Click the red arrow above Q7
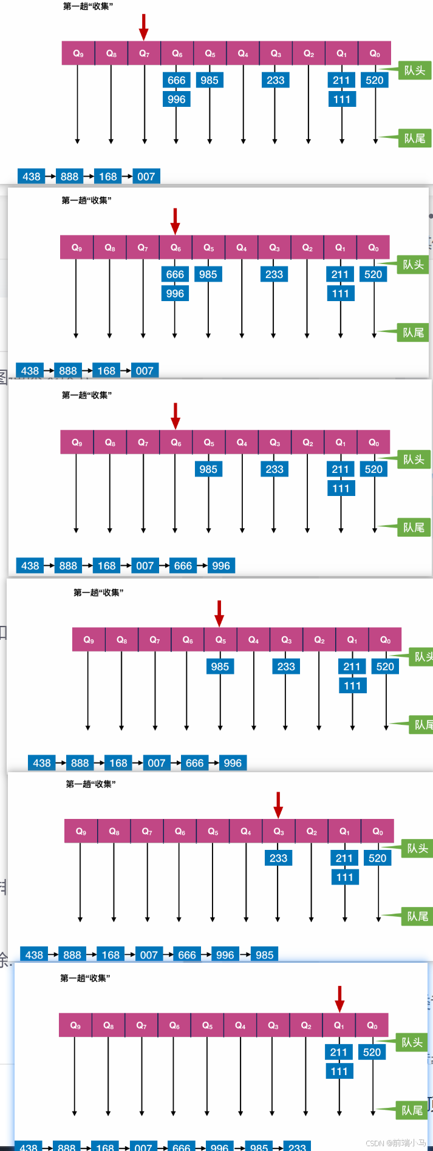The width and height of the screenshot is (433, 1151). coord(144,27)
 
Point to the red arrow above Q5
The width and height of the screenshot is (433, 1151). coord(219,613)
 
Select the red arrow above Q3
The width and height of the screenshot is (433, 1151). coord(278,804)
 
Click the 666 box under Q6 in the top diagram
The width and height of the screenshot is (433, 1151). coord(177,80)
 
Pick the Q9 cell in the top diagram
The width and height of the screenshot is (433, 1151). coord(78,53)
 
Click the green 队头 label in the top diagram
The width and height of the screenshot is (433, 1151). coord(415,70)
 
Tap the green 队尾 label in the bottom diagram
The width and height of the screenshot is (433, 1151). coord(412,1110)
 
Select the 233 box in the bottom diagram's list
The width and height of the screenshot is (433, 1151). coord(297,1147)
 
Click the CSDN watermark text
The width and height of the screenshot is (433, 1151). coord(395,1143)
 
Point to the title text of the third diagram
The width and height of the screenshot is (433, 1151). coord(87,395)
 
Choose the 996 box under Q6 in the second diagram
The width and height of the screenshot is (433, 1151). coord(175,294)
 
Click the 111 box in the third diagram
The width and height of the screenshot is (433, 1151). coord(341,489)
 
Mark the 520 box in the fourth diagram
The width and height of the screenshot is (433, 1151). coord(385,667)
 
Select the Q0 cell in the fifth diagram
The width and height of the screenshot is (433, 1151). coord(378,831)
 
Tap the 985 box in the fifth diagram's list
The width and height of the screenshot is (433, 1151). coord(264,954)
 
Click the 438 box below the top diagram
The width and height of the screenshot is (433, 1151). coord(32,177)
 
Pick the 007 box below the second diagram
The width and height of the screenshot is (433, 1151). coord(145,371)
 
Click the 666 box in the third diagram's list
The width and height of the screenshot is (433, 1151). coord(183,566)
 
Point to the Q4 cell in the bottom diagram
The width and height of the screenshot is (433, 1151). coord(240,1025)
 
